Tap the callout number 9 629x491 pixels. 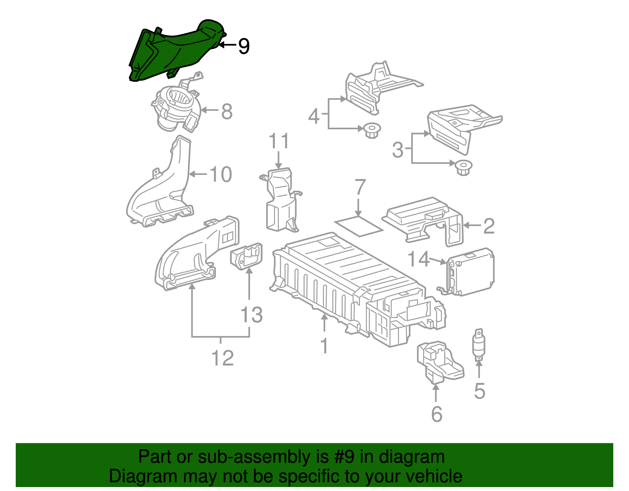coord(244,46)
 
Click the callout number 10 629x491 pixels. coord(221,174)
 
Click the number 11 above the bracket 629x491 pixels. coord(279,141)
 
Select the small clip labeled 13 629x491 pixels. coord(246,256)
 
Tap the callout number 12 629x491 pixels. coord(223,358)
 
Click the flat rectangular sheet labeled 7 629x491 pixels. coord(358,227)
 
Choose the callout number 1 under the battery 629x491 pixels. coord(324,346)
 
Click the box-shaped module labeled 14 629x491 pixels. coord(471,271)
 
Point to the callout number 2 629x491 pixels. coord(489,226)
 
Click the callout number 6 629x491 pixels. coord(437,414)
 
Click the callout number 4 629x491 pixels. coord(314,116)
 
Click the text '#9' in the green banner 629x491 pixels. coord(345,457)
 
